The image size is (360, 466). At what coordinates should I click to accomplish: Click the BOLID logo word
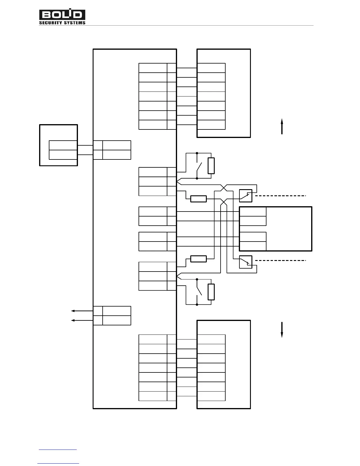tap(62, 15)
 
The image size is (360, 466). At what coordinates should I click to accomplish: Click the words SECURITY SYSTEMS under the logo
tap(62, 23)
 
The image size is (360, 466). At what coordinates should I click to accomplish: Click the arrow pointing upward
tap(282, 126)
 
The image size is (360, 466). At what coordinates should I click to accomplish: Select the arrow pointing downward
tap(282, 330)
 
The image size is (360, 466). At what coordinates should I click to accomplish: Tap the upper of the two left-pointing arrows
tap(82, 311)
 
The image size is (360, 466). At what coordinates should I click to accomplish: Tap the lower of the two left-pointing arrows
tap(82, 320)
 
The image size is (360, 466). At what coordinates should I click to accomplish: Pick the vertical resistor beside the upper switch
tap(211, 166)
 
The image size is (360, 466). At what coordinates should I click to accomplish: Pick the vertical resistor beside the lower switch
tap(211, 292)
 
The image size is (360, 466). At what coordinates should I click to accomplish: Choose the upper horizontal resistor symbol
tap(199, 199)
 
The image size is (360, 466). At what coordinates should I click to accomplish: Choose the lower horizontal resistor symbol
tap(199, 259)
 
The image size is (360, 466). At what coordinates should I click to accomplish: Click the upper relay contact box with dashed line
tap(246, 196)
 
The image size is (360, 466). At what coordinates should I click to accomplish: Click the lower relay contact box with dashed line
tap(246, 262)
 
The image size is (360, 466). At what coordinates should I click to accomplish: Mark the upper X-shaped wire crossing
tap(224, 188)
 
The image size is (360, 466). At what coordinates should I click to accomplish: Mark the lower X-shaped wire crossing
tap(224, 202)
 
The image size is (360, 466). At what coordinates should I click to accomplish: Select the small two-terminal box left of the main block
tap(59, 145)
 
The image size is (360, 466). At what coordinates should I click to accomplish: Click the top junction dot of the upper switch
tap(197, 153)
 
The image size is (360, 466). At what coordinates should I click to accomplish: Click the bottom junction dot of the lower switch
tap(197, 304)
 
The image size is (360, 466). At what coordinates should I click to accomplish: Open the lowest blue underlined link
tap(58, 463)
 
